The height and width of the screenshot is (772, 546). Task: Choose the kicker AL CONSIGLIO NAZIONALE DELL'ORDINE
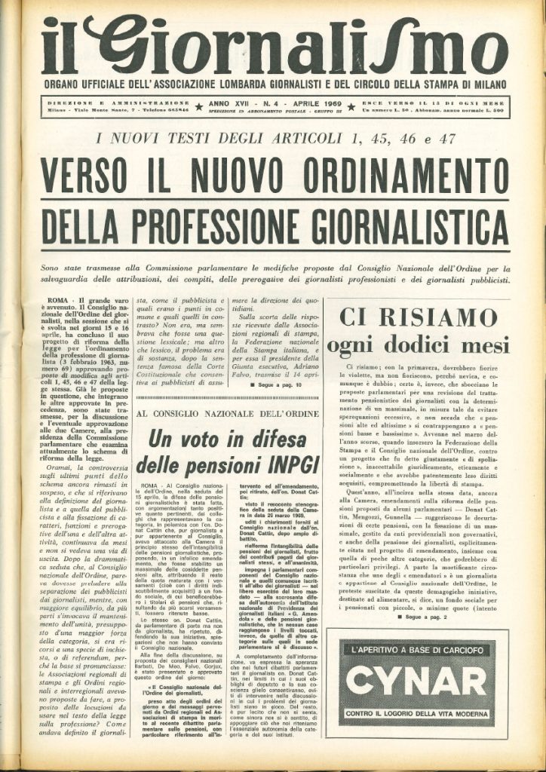(x=225, y=413)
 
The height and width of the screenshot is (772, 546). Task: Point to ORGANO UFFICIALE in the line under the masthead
(x=87, y=84)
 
